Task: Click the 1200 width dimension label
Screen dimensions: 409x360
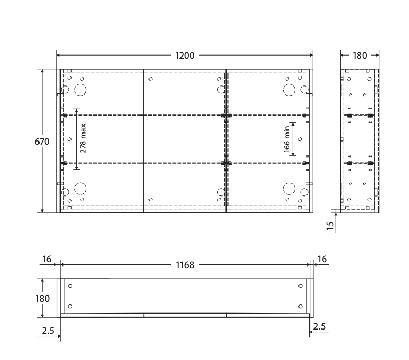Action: coord(185,56)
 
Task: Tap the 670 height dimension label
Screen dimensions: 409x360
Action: coord(42,142)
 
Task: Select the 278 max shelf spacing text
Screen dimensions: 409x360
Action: coord(83,138)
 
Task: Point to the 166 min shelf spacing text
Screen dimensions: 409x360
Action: coord(287,139)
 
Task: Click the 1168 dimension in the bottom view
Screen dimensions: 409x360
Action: coord(185,265)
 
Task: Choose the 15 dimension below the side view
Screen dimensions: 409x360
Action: coord(330,225)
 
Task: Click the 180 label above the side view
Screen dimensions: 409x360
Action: coord(360,56)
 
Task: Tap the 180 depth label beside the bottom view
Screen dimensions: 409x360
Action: coord(42,299)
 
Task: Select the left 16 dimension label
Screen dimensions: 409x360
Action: coord(46,259)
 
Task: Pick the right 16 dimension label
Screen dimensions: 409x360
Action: coord(322,259)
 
